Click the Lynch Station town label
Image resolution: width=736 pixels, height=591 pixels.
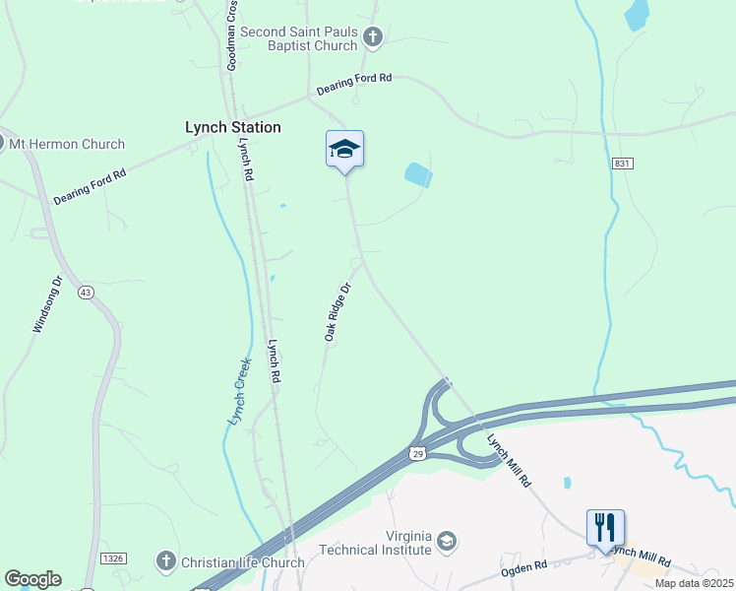(x=233, y=127)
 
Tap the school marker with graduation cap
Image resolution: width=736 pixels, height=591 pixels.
(x=344, y=151)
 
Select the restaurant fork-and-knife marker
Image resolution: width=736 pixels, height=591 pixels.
(x=605, y=527)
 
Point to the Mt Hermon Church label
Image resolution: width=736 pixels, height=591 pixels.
(x=67, y=144)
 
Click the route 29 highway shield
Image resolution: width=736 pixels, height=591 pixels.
(x=417, y=453)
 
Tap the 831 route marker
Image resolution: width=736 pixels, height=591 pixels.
(x=620, y=164)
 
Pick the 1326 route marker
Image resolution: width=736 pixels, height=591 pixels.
(x=111, y=558)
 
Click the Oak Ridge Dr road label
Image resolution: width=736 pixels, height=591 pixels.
(x=338, y=313)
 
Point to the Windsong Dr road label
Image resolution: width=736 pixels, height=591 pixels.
(x=48, y=303)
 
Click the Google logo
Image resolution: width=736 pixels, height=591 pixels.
(x=32, y=579)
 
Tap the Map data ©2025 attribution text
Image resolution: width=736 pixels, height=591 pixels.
(x=693, y=583)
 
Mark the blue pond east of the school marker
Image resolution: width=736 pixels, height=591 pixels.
(x=418, y=175)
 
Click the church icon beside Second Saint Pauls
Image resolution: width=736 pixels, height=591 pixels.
(x=372, y=37)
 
